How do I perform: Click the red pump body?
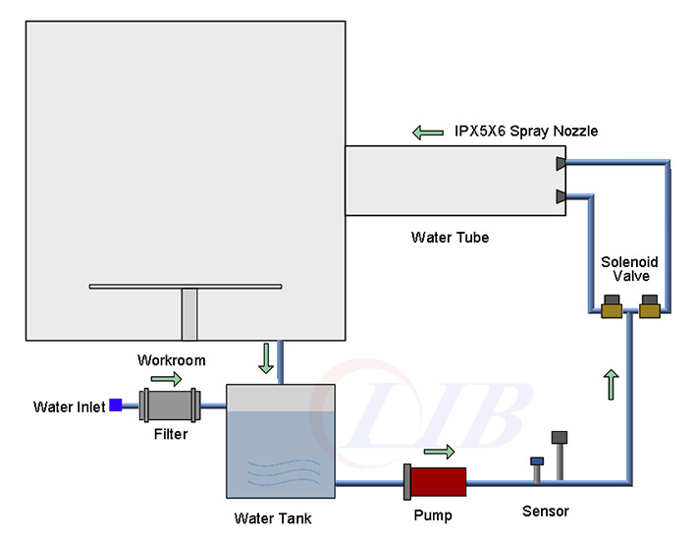pos(437,482)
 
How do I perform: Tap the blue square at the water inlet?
pos(115,405)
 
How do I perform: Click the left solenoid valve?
pos(615,312)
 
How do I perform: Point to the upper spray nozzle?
pos(561,163)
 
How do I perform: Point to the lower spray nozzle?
pos(561,196)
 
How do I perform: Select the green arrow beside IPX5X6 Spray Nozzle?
pos(428,132)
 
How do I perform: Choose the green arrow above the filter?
pos(167,378)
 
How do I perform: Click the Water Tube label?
pos(449,238)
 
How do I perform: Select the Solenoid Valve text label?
pos(629,269)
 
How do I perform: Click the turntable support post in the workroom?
pos(189,314)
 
